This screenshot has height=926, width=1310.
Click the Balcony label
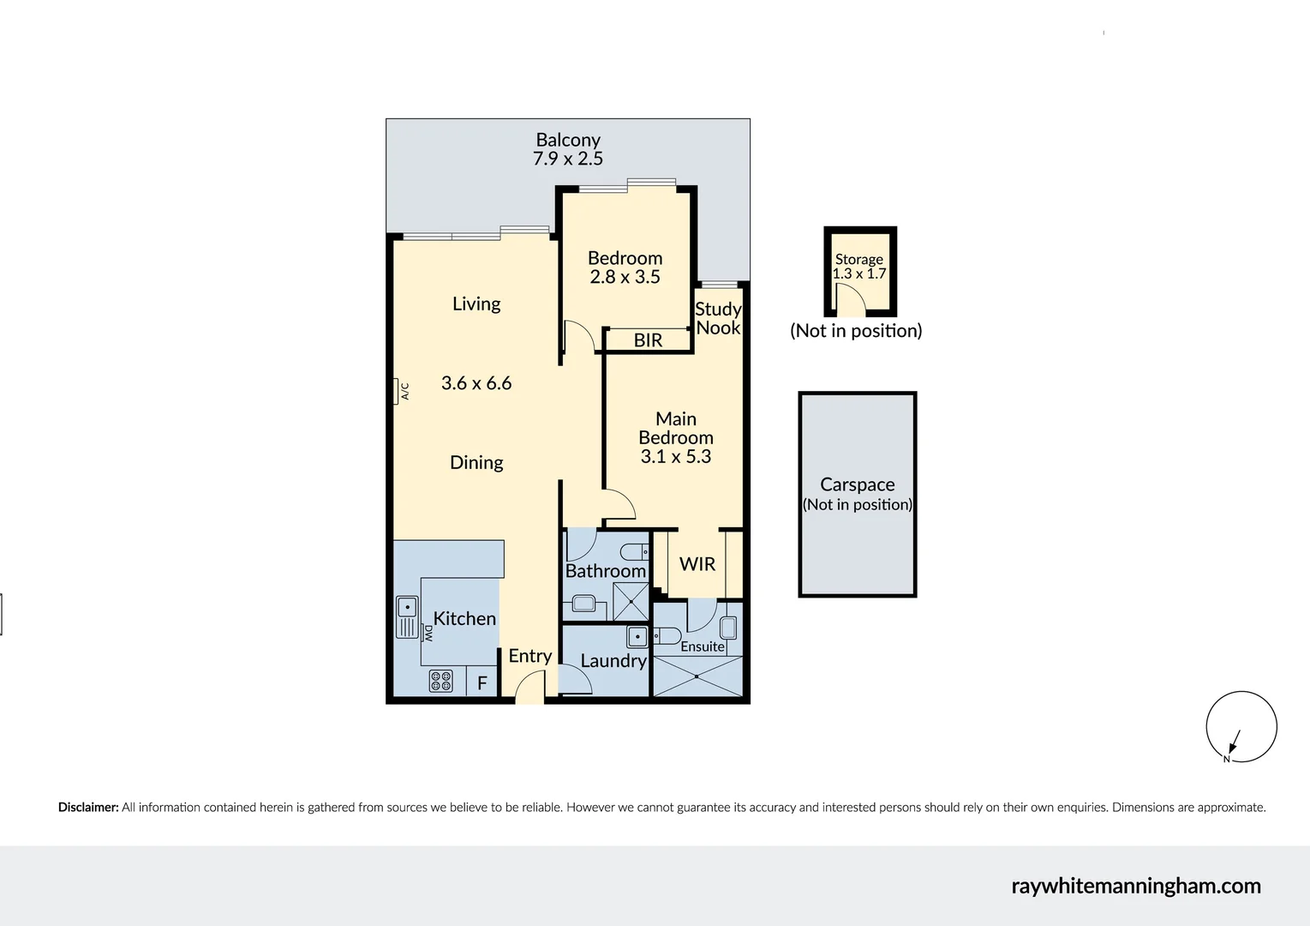click(567, 140)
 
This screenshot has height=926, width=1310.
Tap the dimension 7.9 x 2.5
click(567, 159)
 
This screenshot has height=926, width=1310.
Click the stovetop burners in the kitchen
click(440, 681)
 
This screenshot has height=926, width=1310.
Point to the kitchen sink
click(407, 616)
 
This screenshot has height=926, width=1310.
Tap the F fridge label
click(482, 683)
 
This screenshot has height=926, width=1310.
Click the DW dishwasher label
click(428, 633)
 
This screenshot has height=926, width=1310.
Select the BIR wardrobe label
click(648, 340)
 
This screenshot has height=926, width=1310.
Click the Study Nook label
click(718, 318)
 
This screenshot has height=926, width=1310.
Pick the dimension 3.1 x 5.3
click(675, 456)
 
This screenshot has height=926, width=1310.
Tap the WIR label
click(697, 564)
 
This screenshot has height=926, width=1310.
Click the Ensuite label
click(703, 646)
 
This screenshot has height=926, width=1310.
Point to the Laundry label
click(613, 660)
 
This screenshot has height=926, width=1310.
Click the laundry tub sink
click(637, 636)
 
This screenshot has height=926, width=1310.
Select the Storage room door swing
click(849, 299)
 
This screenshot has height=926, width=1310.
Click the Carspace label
click(857, 484)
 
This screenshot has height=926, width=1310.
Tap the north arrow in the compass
click(1232, 742)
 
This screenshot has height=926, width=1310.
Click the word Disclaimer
click(87, 807)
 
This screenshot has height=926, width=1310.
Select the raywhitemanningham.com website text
click(1135, 886)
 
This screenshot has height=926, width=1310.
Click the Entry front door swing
click(530, 687)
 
